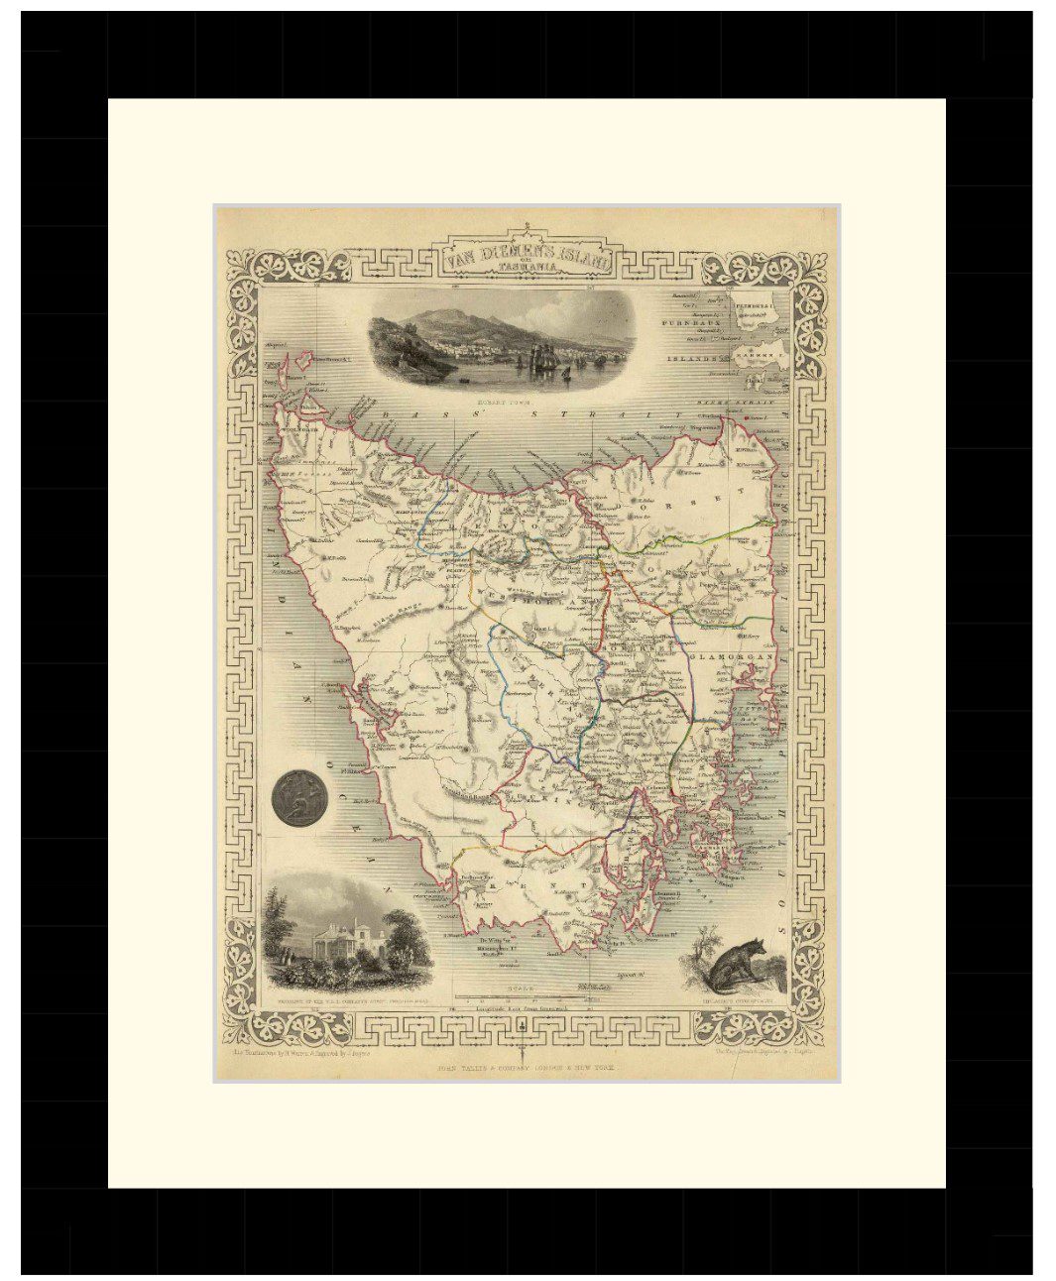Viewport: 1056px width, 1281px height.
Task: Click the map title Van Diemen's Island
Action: click(x=528, y=257)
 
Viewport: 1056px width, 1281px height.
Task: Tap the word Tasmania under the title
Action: click(x=528, y=273)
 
